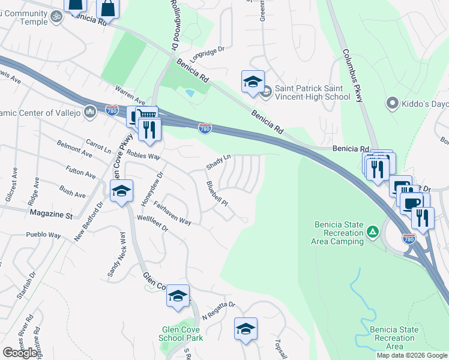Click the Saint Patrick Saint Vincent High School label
click(x=312, y=92)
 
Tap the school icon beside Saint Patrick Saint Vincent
click(x=253, y=82)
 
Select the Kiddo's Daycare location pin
click(x=393, y=103)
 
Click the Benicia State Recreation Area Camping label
click(x=339, y=233)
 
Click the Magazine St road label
click(x=52, y=215)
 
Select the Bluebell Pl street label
click(x=217, y=193)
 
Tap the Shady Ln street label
click(x=218, y=161)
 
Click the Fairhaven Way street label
click(x=172, y=213)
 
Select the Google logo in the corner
click(x=20, y=353)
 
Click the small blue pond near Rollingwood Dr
click(x=190, y=93)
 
